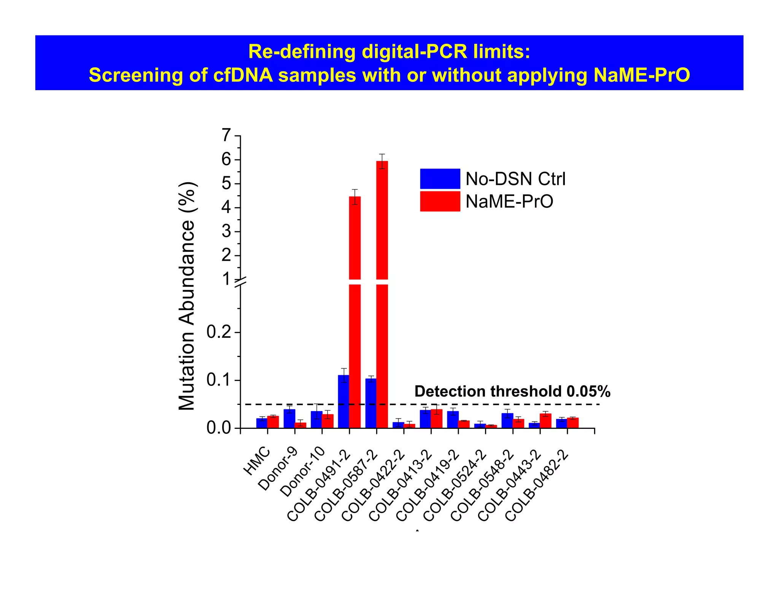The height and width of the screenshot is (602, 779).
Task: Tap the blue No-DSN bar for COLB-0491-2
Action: click(343, 402)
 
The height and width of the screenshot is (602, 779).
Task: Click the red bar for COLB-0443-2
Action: click(545, 421)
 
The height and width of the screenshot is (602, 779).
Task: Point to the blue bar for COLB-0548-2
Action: click(507, 420)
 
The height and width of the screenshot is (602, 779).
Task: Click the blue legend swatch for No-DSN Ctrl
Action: click(440, 178)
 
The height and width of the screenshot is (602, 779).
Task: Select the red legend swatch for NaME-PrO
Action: click(440, 201)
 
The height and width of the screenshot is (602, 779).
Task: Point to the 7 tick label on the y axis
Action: click(226, 135)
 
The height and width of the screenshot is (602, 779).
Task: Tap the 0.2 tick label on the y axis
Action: click(219, 332)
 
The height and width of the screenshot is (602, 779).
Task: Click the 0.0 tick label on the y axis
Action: click(219, 428)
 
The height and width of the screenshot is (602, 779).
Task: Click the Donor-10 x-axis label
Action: click(303, 471)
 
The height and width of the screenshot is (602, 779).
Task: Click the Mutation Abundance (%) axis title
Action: click(187, 296)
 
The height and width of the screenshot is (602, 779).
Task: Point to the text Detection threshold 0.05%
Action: click(512, 392)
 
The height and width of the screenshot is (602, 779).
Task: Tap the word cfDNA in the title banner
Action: click(243, 75)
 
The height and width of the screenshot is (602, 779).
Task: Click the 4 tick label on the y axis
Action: click(226, 207)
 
